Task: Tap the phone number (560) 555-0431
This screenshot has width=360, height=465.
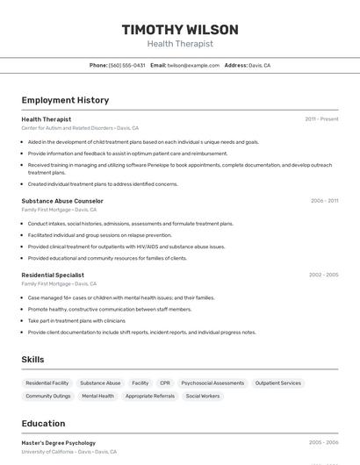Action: click(x=126, y=65)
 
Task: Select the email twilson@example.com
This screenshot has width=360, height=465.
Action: click(x=193, y=65)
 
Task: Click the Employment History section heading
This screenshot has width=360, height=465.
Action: click(x=65, y=100)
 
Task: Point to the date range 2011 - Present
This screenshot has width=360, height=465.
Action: click(x=321, y=119)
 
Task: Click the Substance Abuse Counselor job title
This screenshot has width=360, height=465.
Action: click(x=62, y=201)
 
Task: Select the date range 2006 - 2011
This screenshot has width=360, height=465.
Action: click(x=324, y=201)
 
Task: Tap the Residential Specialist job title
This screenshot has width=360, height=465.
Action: click(x=53, y=275)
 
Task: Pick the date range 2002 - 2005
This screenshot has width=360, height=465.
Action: click(x=323, y=275)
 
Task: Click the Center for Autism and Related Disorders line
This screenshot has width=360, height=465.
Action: click(x=80, y=128)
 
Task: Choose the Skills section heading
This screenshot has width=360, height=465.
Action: click(x=32, y=360)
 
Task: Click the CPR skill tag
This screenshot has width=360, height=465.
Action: click(x=165, y=383)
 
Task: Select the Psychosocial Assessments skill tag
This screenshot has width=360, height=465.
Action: click(x=212, y=383)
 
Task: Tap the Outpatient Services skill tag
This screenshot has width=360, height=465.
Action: click(x=278, y=383)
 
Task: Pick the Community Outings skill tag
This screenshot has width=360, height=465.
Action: click(x=48, y=396)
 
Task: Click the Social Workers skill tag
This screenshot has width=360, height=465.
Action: click(x=203, y=396)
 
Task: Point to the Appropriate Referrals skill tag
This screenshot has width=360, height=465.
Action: click(x=149, y=396)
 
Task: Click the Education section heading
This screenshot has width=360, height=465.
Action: click(x=43, y=424)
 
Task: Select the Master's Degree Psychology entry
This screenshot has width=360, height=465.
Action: click(x=59, y=443)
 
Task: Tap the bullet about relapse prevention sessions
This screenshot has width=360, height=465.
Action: click(x=99, y=235)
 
